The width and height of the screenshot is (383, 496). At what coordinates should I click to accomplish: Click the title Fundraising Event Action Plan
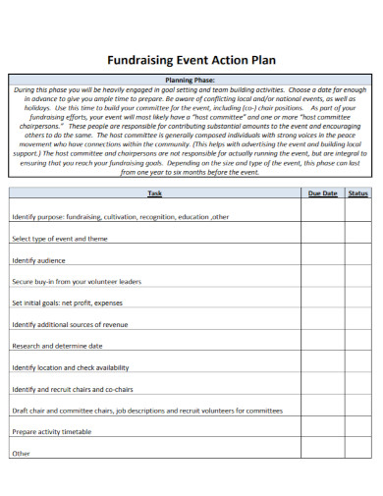[x=191, y=58]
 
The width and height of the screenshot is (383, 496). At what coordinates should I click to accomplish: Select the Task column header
[x=155, y=193]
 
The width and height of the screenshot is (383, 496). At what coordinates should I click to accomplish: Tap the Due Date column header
[x=322, y=193]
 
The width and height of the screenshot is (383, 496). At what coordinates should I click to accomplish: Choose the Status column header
[x=358, y=193]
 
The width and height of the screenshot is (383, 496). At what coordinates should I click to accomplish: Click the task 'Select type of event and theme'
[x=59, y=239]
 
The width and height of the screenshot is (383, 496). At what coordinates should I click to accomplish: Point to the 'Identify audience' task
[x=38, y=260]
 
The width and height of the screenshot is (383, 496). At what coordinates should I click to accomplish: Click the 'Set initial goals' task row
[x=67, y=303]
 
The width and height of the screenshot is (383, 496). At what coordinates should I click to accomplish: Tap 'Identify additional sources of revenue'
[x=69, y=324]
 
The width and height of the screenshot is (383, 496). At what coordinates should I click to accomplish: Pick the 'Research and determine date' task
[x=57, y=346]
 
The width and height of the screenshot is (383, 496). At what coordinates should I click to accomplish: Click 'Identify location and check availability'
[x=70, y=367]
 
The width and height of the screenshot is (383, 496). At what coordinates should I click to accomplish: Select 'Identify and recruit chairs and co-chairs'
[x=72, y=389]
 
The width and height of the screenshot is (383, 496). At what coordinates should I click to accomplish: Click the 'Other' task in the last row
[x=22, y=453]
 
